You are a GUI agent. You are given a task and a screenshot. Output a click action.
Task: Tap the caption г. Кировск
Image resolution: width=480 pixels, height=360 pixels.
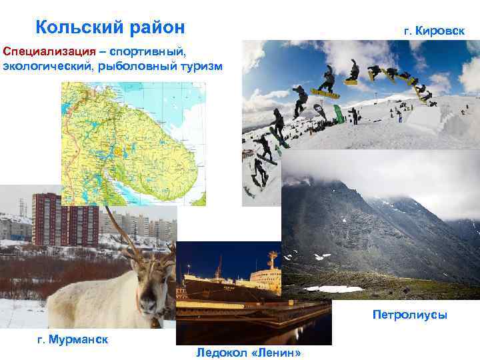click(x=434, y=31)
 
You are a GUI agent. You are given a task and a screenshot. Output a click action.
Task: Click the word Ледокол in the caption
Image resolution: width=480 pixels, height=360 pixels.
click(x=221, y=352)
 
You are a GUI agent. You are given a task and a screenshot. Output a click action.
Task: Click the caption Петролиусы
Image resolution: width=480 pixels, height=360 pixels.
click(x=409, y=314)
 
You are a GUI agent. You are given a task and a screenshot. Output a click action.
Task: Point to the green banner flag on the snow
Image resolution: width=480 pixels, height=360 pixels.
click(x=338, y=113)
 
